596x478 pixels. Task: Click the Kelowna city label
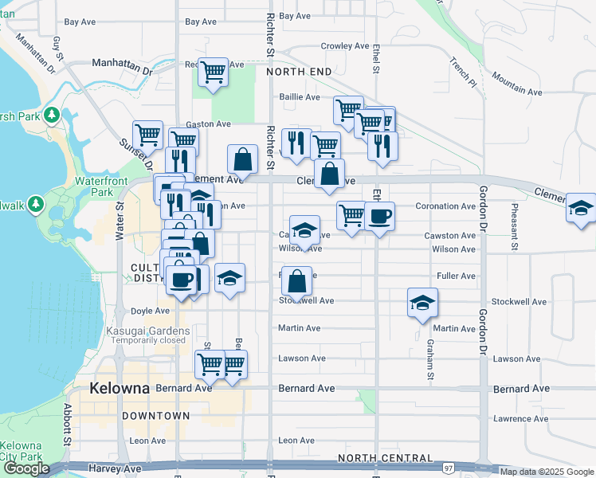tap(120, 390)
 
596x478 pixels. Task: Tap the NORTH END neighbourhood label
tap(299, 72)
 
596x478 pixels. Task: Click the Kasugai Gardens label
tap(151, 331)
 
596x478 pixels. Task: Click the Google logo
tap(25, 469)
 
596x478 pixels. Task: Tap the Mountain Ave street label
tap(516, 77)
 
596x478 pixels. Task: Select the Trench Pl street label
tap(462, 72)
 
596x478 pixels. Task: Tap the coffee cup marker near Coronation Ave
tap(379, 215)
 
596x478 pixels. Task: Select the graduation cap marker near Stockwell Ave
tap(422, 302)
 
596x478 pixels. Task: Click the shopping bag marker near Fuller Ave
tap(296, 280)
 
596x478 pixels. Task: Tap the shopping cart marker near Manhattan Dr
tap(214, 72)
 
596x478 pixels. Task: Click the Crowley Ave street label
tap(344, 46)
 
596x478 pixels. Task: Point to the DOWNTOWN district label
tap(156, 416)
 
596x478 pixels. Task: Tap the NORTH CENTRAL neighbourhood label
tap(385, 458)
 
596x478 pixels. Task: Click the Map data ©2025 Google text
tap(547, 472)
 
